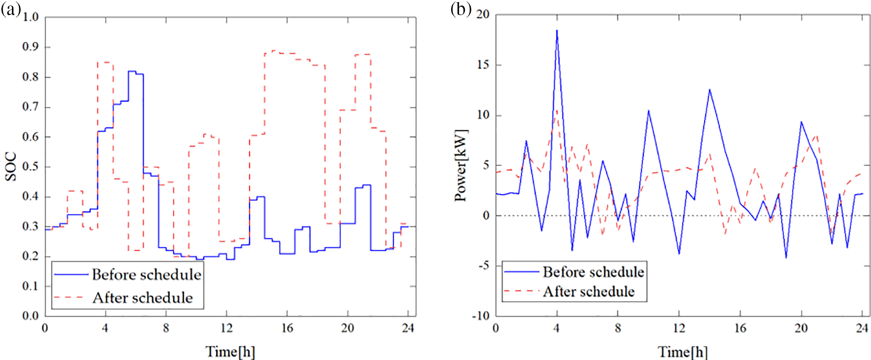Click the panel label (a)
point(11,10)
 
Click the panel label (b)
point(461,10)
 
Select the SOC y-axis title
point(11,166)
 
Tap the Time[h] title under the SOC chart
point(230,352)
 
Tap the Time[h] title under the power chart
point(683,352)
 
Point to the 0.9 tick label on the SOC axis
point(31,47)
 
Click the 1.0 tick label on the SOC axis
point(31,17)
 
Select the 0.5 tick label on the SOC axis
point(31,167)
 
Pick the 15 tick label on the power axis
point(483,65)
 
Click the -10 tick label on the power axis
point(481,316)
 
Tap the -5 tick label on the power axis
point(483,266)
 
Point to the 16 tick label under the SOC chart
point(287,328)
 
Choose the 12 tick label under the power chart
point(679,328)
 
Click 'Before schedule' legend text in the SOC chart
point(146,275)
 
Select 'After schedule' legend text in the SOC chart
point(143,298)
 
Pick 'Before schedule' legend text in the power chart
point(594,272)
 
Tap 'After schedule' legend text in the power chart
point(589,292)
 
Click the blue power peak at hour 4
point(557,31)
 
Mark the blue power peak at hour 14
point(710,90)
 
